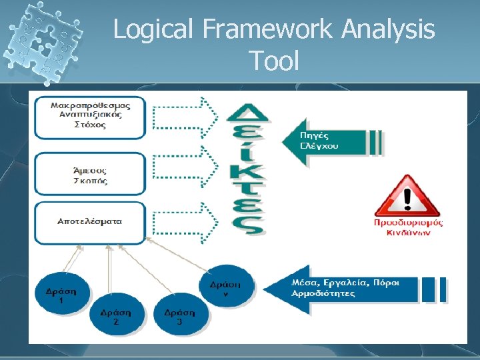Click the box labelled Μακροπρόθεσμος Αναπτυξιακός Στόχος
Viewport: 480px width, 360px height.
pyautogui.click(x=90, y=117)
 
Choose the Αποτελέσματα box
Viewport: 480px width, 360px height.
pyautogui.click(x=90, y=222)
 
